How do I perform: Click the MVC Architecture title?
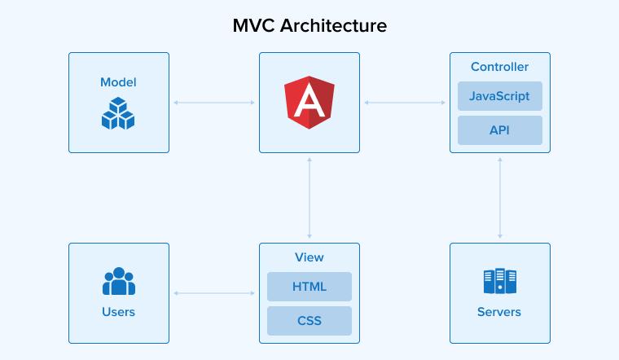[309, 25]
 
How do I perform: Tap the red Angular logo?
[309, 103]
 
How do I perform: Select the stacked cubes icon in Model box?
[118, 113]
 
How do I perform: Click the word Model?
[118, 82]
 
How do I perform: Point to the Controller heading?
[499, 67]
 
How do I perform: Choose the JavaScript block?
[499, 96]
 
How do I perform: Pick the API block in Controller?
[499, 130]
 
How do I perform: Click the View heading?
[309, 257]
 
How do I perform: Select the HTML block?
[309, 287]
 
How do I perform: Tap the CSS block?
[309, 320]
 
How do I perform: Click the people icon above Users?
[119, 282]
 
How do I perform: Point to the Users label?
[119, 312]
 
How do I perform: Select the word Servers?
[499, 312]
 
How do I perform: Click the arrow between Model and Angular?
[214, 103]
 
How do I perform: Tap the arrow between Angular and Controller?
[405, 103]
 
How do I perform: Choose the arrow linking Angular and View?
[309, 198]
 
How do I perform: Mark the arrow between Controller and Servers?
[499, 198]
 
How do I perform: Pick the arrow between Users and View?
[214, 293]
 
